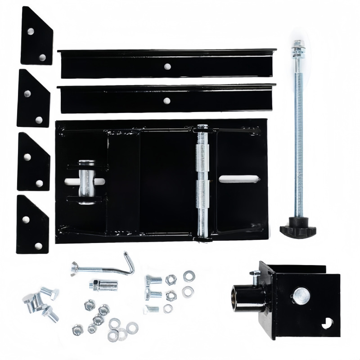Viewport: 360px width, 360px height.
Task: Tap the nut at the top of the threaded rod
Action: (297, 45)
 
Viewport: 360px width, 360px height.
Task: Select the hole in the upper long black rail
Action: (167, 66)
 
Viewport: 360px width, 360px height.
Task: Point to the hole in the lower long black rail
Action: (167, 100)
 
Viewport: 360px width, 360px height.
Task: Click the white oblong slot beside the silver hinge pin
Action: (238, 179)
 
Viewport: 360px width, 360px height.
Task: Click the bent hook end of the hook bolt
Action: (130, 263)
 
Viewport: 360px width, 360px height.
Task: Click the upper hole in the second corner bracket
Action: (27, 94)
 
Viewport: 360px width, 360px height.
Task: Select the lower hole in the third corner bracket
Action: (40, 183)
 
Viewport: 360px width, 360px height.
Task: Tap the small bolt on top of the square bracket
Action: (255, 274)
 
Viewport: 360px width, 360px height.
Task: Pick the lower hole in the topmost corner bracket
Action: (43, 57)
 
